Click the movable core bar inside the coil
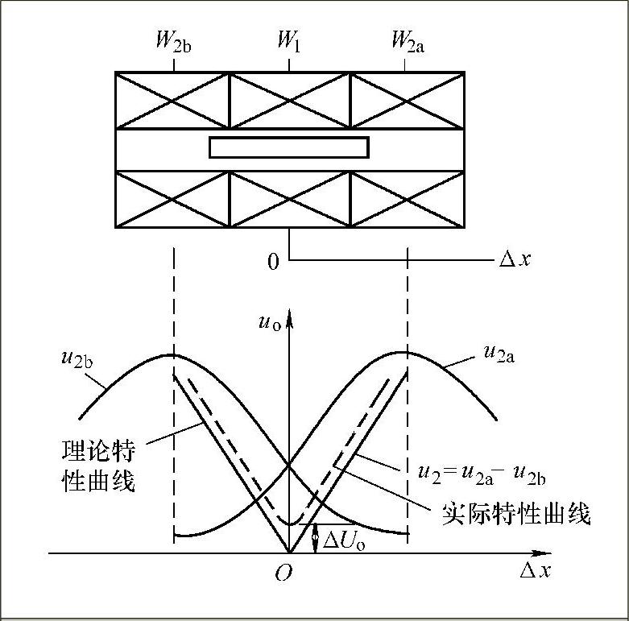point(288,147)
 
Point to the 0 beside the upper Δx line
point(274,262)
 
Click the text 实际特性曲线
point(515,513)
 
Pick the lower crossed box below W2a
point(407,199)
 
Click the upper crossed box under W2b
point(172,100)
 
